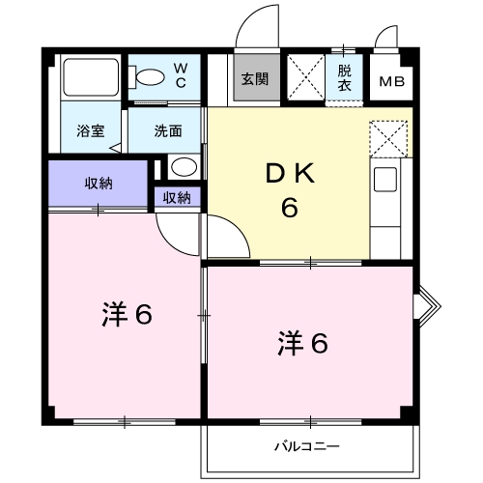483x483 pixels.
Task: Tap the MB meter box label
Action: pos(392,81)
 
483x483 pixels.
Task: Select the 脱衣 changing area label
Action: pos(345,77)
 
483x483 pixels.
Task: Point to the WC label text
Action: pos(182,73)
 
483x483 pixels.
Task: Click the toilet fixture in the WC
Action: pos(150,76)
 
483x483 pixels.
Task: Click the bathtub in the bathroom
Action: pos(90,78)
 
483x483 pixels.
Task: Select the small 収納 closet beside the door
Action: pos(176,198)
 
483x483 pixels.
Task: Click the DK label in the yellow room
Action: pos(289,175)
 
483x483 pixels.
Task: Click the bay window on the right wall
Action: pos(425,305)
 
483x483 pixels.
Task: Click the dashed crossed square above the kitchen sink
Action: pos(389,139)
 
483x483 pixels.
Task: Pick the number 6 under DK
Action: pos(289,208)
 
